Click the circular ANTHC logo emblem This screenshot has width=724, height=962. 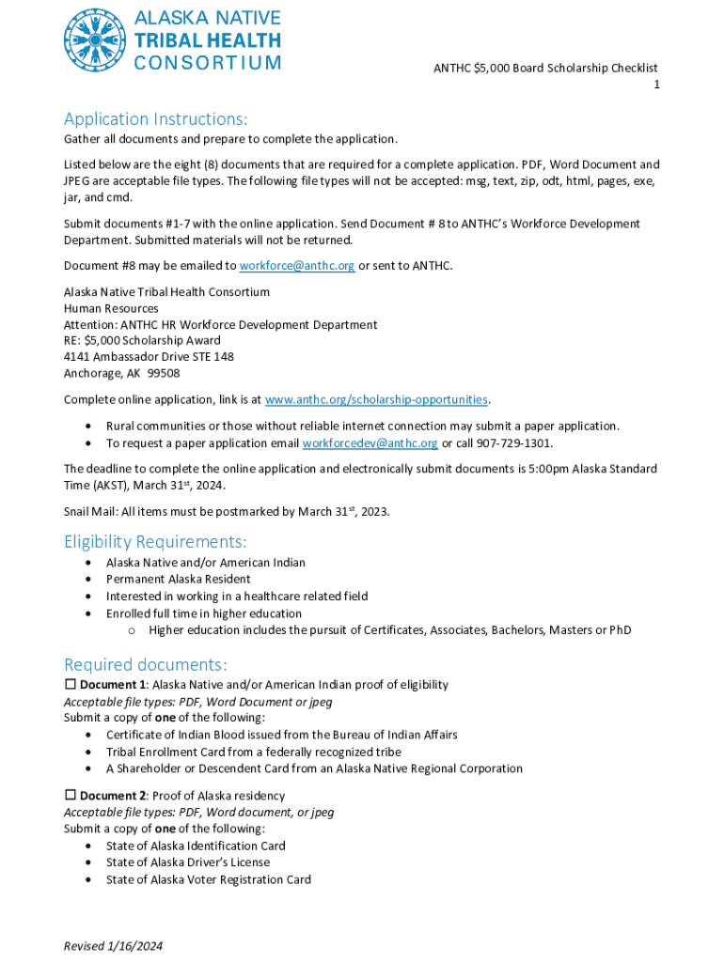click(94, 39)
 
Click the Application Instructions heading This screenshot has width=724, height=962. click(155, 119)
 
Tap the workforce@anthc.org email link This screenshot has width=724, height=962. click(297, 266)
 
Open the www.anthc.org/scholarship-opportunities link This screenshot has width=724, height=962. click(376, 399)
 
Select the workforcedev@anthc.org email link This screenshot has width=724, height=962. click(370, 443)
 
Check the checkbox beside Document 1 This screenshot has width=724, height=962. click(70, 685)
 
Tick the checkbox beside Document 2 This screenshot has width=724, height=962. click(70, 796)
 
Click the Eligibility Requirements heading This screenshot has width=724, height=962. click(155, 542)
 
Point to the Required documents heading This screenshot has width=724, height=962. click(146, 663)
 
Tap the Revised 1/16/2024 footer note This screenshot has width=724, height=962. click(114, 946)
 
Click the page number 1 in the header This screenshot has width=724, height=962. click(657, 85)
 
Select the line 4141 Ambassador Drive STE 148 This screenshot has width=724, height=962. click(149, 357)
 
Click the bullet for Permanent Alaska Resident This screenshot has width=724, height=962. click(88, 580)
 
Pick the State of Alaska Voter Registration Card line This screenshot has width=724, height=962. click(208, 880)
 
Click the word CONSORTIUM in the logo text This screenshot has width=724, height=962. click(208, 63)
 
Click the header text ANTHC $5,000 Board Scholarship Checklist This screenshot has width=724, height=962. click(544, 68)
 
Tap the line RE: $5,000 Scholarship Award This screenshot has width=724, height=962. click(142, 340)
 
